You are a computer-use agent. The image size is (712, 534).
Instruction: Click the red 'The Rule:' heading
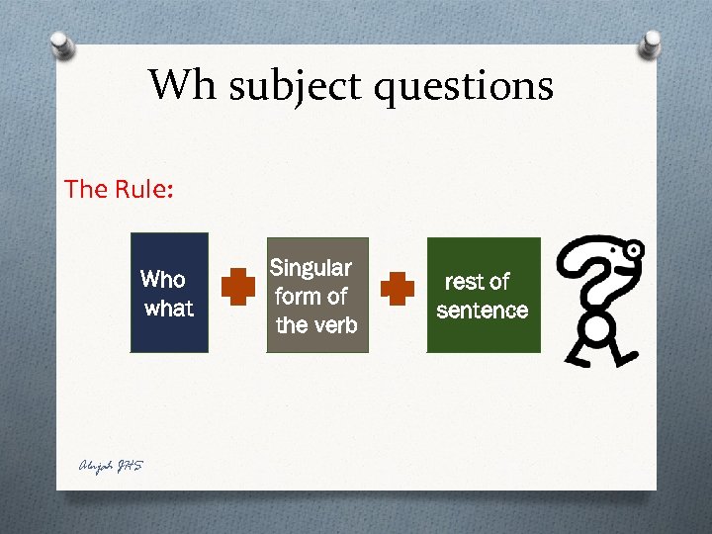coord(119,188)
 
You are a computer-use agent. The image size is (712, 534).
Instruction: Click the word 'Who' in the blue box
coord(163,279)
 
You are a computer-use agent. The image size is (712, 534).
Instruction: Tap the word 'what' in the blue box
coord(169,309)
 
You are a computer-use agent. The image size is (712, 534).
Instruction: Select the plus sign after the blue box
coord(238,288)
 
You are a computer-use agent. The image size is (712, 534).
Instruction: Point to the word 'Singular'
coord(311,268)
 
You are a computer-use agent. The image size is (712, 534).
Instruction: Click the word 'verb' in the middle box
coord(337,324)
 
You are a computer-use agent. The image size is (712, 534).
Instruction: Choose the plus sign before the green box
coord(398,288)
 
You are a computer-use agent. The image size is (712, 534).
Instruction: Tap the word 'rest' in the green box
coord(463,282)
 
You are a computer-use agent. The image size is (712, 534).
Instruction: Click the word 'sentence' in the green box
coord(483,311)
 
